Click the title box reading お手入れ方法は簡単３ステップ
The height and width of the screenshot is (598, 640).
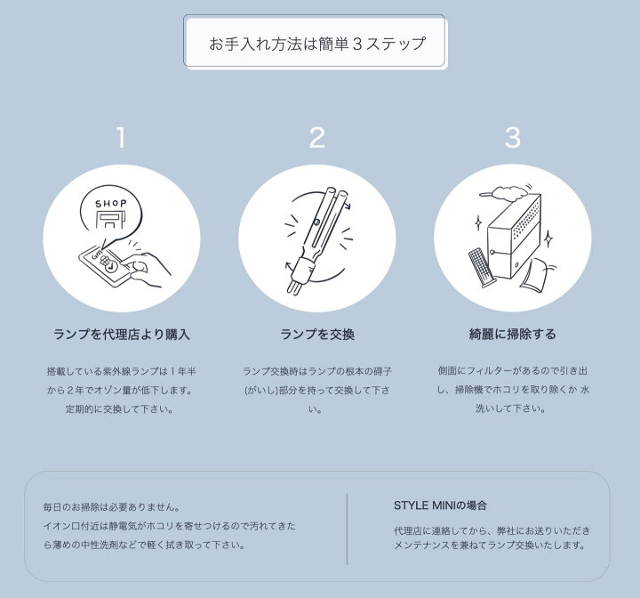pyautogui.click(x=315, y=41)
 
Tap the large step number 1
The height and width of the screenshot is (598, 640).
pyautogui.click(x=121, y=137)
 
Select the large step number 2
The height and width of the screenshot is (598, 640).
pyautogui.click(x=317, y=137)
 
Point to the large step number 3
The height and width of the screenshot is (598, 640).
pyautogui.click(x=513, y=137)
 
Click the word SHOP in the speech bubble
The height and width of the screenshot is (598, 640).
pyautogui.click(x=110, y=203)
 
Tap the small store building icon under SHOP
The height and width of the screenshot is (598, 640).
pyautogui.click(x=109, y=221)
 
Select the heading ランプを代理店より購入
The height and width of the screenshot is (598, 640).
pyautogui.click(x=122, y=335)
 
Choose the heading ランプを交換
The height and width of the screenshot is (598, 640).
pyautogui.click(x=317, y=335)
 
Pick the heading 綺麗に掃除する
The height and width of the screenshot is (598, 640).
pyautogui.click(x=513, y=334)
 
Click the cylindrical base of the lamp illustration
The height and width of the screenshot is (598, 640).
pyautogui.click(x=305, y=267)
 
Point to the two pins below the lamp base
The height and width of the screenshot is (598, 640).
pyautogui.click(x=295, y=286)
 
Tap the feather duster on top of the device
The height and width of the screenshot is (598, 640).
pyautogui.click(x=508, y=192)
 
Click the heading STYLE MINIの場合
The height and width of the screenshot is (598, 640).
pyautogui.click(x=440, y=505)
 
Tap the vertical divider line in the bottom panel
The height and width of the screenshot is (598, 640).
pyautogui.click(x=347, y=529)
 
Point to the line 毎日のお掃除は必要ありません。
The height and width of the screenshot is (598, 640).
pyautogui.click(x=112, y=507)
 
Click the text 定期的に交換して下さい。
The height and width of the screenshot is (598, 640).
pyautogui.click(x=120, y=408)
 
